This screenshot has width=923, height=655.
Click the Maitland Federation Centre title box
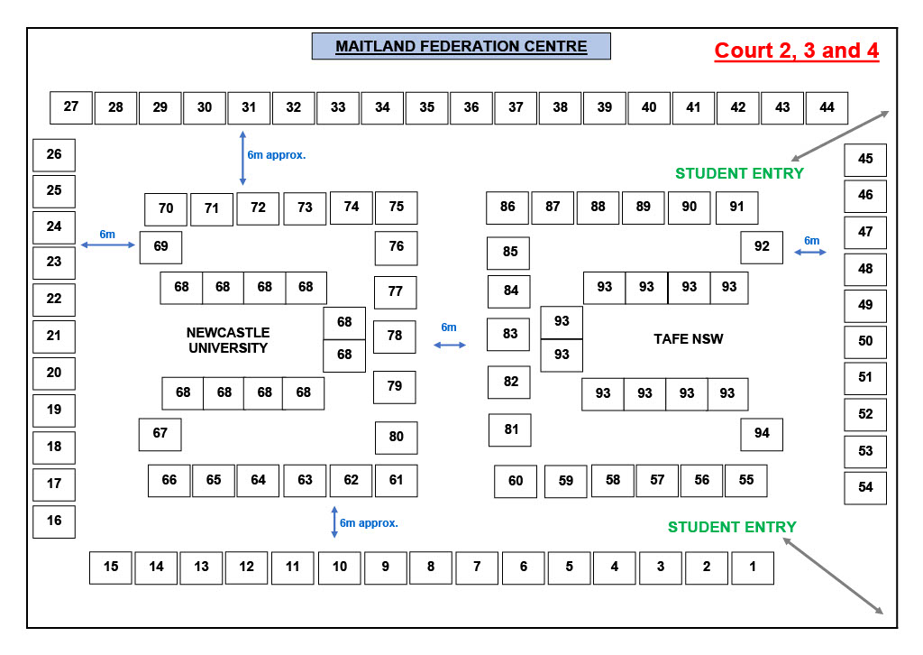pyautogui.click(x=461, y=46)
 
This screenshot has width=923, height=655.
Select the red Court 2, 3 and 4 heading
pyautogui.click(x=796, y=51)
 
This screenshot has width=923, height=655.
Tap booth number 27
pyautogui.click(x=71, y=106)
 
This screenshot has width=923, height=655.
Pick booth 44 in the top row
pyautogui.click(x=827, y=107)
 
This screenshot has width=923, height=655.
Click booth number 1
pyautogui.click(x=752, y=567)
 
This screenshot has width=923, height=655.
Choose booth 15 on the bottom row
pyautogui.click(x=111, y=567)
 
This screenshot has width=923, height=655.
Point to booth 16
pyautogui.click(x=54, y=521)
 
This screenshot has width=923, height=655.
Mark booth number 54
pyautogui.click(x=865, y=487)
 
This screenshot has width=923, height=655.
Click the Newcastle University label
pyautogui.click(x=228, y=340)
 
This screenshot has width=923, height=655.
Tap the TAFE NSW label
pyautogui.click(x=689, y=339)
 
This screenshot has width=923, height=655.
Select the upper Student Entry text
pyautogui.click(x=739, y=173)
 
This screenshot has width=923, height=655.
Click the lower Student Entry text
pyautogui.click(x=732, y=527)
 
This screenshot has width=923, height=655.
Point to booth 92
pyautogui.click(x=762, y=246)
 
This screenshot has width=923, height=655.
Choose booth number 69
pyautogui.click(x=160, y=246)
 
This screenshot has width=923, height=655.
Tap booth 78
pyautogui.click(x=395, y=336)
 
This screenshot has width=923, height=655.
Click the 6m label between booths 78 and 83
pyautogui.click(x=449, y=327)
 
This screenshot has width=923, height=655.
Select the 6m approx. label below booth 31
pyautogui.click(x=277, y=154)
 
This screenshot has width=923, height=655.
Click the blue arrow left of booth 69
pyautogui.click(x=108, y=244)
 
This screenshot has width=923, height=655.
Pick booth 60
pyautogui.click(x=516, y=481)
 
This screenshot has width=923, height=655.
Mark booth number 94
pyautogui.click(x=762, y=434)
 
